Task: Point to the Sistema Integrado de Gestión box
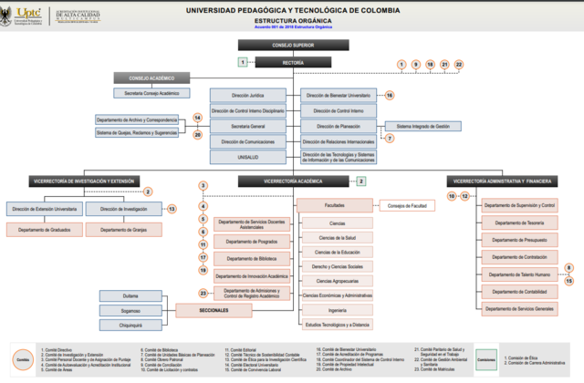[x=429, y=126]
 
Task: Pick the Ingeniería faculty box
[x=337, y=310]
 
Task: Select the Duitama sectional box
[x=130, y=295]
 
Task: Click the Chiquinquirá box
[x=130, y=324]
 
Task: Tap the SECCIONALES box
[x=213, y=310]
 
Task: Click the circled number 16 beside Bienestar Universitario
[x=389, y=95]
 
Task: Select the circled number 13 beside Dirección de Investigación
[x=171, y=209]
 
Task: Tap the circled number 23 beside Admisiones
[x=203, y=292]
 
